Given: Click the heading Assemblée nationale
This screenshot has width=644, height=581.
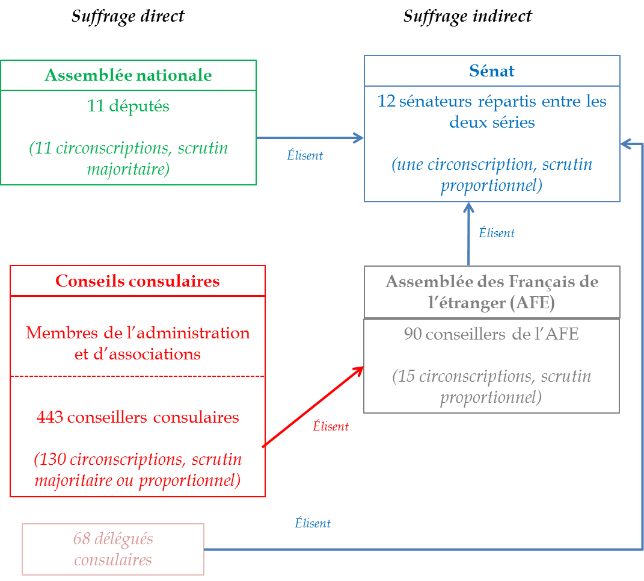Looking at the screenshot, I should (128, 75).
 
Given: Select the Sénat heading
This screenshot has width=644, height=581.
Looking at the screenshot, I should (491, 71).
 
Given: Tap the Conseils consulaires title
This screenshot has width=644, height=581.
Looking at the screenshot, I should (137, 281).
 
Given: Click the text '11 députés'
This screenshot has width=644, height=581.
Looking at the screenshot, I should (128, 106).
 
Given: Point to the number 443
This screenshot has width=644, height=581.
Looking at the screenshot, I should (50, 417).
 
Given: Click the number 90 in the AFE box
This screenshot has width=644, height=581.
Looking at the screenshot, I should (412, 334).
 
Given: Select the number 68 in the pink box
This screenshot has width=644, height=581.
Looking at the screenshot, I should (82, 538).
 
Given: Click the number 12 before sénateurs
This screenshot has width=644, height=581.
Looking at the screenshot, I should (385, 101).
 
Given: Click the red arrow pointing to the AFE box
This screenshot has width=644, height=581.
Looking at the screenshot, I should (313, 406).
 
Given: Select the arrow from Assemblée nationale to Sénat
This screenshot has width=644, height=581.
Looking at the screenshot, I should (310, 138).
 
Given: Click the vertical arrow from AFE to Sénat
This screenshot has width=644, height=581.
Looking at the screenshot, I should (468, 235).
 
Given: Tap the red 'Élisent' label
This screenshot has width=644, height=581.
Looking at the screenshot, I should (331, 426).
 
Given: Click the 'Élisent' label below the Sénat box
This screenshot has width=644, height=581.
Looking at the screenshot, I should (497, 233).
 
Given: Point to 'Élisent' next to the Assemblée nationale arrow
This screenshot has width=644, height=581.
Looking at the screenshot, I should (305, 155).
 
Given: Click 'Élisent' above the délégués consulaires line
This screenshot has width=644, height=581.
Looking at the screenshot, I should (313, 523).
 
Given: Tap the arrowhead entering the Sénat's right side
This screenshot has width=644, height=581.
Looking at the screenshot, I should (625, 143).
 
